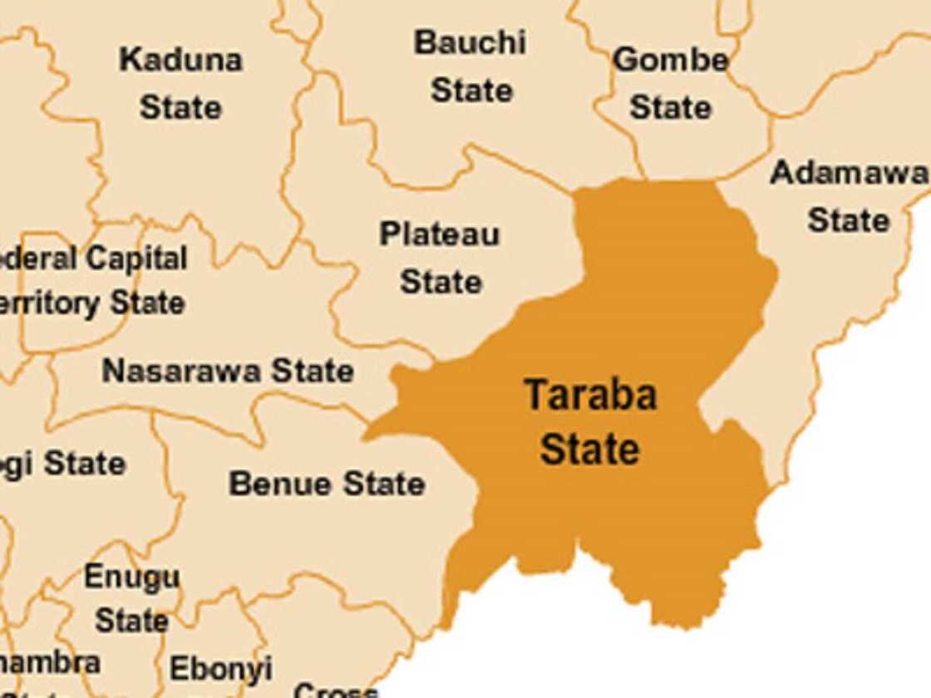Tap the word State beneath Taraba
click(590, 450)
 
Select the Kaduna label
click(180, 60)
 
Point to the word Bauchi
click(470, 42)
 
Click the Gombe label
click(670, 60)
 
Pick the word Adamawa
click(848, 173)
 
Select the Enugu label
click(131, 576)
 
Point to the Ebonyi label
click(220, 668)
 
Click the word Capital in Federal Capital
click(136, 258)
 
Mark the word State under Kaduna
click(180, 107)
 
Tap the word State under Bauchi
click(471, 90)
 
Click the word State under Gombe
click(670, 107)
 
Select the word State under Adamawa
click(848, 220)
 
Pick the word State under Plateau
click(441, 282)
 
